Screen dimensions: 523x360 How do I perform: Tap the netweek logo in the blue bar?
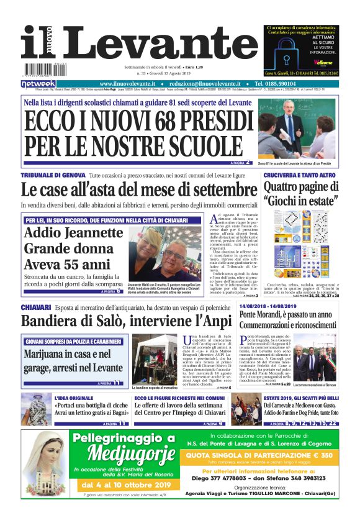click(x=38, y=83)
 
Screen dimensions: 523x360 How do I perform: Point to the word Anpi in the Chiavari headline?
click(x=212, y=321)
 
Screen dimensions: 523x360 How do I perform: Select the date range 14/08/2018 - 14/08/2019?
click(x=271, y=307)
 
